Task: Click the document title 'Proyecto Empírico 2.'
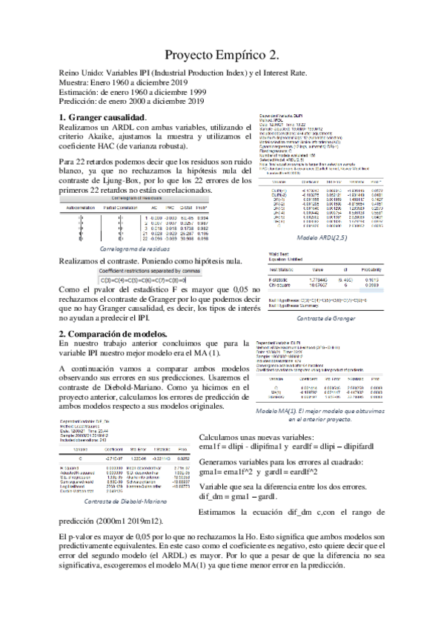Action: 222,55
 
